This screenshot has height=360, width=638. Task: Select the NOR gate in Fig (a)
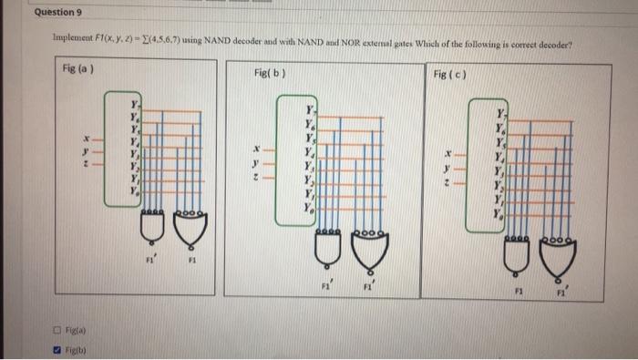190,231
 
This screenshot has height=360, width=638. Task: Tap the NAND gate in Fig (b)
327,245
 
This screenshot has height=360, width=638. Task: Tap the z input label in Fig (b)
258,178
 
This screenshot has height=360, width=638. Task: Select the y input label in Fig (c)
446,168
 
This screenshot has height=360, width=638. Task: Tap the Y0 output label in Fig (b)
309,207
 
